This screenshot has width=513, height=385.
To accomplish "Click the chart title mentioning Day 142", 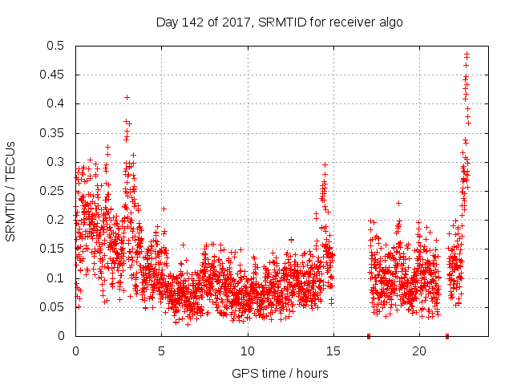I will point(279,22).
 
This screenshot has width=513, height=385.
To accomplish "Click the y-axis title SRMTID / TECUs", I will point(11,192).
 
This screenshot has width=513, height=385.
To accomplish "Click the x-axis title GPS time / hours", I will point(280,373).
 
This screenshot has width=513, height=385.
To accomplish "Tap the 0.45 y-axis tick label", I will point(56,75).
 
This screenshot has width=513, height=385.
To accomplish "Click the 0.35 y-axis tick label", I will point(56,133).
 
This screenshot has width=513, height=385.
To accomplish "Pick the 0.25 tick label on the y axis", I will point(56,191).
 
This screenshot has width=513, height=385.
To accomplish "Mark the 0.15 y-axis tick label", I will point(56,249).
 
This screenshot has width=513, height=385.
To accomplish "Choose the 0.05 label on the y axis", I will point(56,307).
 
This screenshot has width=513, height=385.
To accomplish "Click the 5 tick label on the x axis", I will point(161,351).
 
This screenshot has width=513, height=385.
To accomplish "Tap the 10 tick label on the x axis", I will point(248,351).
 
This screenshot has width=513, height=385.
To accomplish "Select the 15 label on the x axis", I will point(333,351).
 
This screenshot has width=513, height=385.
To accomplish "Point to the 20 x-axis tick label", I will point(420,351).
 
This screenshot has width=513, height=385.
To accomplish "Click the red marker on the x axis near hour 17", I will point(369,335).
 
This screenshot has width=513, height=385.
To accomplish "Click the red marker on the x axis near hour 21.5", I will point(446,335).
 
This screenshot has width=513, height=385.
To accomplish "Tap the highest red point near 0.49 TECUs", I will point(467,54).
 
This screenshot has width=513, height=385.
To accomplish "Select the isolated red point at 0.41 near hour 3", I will point(127,97).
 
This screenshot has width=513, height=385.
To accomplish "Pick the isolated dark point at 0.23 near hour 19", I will point(398,203).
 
